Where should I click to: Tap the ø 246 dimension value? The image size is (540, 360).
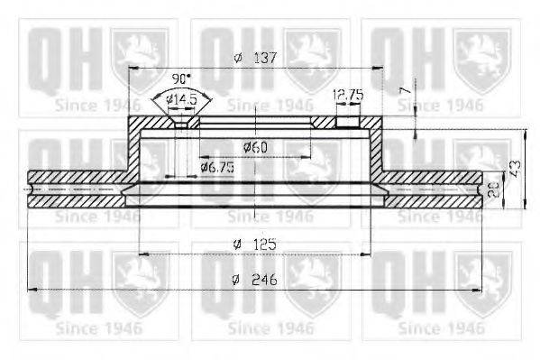pos(253,279)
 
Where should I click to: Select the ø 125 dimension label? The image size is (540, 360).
pos(253,245)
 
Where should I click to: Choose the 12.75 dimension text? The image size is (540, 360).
pos(347,93)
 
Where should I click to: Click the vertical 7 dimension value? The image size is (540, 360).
pos(406,91)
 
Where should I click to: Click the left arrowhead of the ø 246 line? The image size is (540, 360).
pos(32,289)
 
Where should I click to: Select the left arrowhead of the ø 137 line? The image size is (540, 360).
pos(133,69)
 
